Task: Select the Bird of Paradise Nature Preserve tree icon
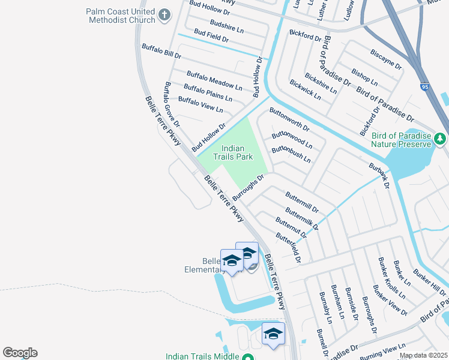click(440, 139)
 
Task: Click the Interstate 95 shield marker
click(424, 87)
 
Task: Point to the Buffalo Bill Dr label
click(161, 50)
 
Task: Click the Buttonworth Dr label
click(289, 119)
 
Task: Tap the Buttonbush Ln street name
click(291, 155)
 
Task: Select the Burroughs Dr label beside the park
click(248, 187)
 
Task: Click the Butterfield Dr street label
click(288, 247)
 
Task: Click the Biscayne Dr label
click(385, 60)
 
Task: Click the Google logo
click(20, 353)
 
